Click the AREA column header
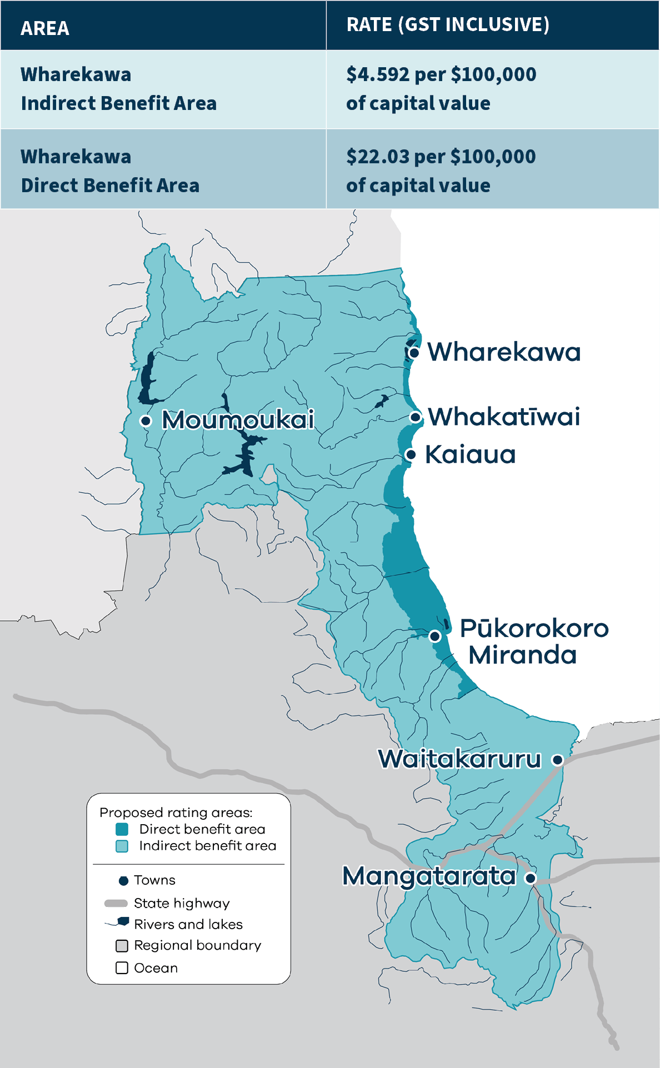pos(45,28)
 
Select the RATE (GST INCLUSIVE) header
pos(448,24)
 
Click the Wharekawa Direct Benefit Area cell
pos(110,171)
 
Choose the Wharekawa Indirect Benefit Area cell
pos(118,89)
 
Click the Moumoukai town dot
pos(146,420)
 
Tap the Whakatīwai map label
pos(503,417)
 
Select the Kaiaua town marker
pos(411,455)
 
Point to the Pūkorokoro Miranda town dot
pos(435,636)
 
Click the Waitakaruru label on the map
pos(459,759)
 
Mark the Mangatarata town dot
pos(531,878)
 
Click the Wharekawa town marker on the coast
pos(414,352)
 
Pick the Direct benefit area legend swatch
pos(122,829)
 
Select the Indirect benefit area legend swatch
pos(122,846)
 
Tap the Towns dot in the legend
pos(123,881)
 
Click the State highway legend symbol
pos(116,904)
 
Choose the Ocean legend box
pos(122,968)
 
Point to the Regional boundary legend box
pos(122,946)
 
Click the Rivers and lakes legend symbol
pos(118,923)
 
